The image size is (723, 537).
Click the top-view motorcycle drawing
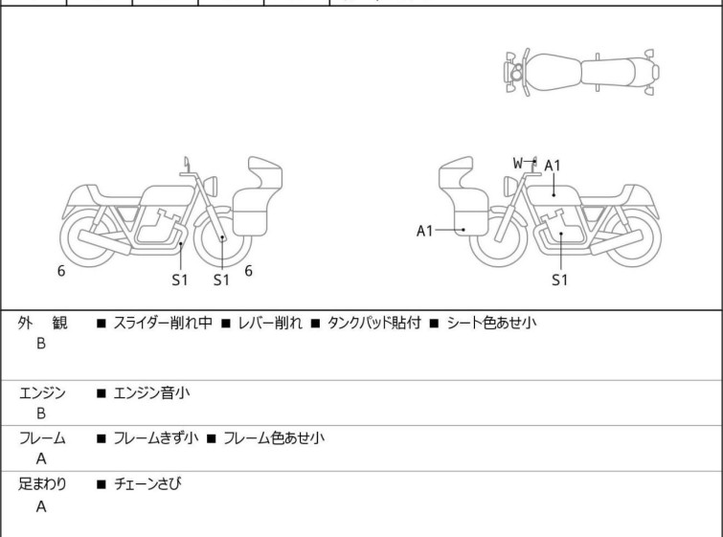[581, 73]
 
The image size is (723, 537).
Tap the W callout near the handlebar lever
[518, 163]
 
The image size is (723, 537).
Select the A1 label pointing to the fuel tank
[553, 166]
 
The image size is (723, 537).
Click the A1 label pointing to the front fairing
[424, 231]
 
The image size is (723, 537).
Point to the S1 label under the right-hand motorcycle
[560, 280]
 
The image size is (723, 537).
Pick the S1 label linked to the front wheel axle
[221, 280]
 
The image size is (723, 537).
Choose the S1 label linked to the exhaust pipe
[180, 280]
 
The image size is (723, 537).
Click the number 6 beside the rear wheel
[61, 271]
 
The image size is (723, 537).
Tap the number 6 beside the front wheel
[248, 271]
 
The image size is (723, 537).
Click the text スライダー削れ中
[163, 323]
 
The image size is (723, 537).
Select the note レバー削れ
[270, 323]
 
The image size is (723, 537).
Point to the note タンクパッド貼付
[374, 323]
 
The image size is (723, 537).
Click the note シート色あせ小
[491, 323]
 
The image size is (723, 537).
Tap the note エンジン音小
[151, 392]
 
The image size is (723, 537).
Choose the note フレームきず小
[156, 437]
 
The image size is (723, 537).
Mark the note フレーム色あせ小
[274, 437]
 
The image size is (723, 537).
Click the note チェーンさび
[147, 483]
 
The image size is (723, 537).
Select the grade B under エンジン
[41, 414]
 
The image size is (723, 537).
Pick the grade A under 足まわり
[41, 506]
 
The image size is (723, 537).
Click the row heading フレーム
[42, 437]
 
